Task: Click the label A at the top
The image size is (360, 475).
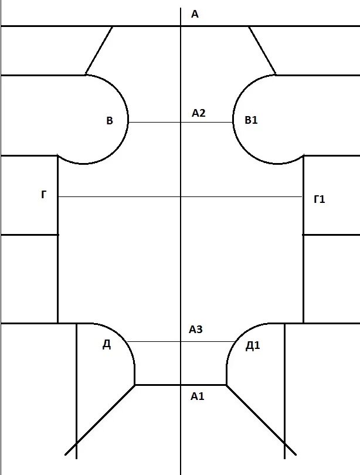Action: [x=195, y=14]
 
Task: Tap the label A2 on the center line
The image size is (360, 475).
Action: [x=199, y=113]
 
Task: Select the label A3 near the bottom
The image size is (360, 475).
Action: [x=196, y=330]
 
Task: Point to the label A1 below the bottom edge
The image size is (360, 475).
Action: [x=198, y=396]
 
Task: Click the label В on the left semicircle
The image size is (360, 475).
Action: [x=109, y=121]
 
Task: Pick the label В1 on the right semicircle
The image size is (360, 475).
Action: [x=251, y=120]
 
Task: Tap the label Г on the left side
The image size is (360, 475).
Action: [x=44, y=195]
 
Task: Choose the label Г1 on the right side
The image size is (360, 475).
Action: [x=320, y=199]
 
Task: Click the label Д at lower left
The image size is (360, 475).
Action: [x=107, y=345]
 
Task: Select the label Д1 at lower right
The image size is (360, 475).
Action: [x=253, y=345]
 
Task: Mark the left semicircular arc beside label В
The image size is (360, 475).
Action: [x=127, y=117]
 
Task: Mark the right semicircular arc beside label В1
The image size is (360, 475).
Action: [x=234, y=117]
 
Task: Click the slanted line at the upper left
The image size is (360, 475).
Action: [x=99, y=50]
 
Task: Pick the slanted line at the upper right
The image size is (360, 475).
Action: [x=262, y=50]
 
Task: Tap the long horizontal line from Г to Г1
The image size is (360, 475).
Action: [x=117, y=197]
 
